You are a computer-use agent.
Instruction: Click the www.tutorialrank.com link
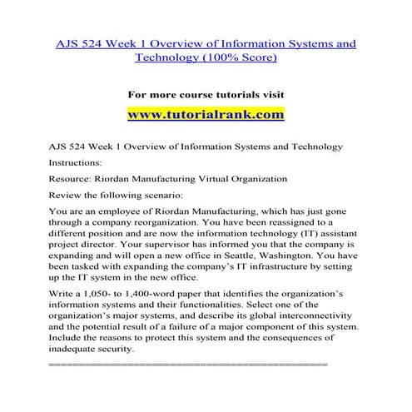click(x=206, y=114)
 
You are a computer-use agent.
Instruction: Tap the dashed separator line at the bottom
click(x=189, y=365)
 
